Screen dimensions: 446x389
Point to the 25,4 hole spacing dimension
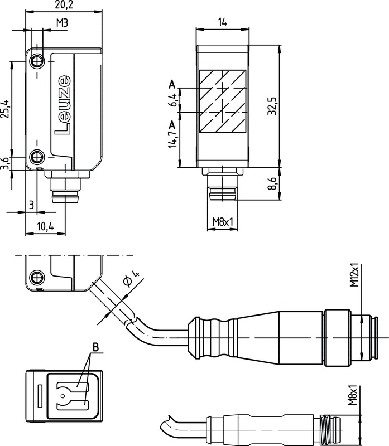(x=5, y=109)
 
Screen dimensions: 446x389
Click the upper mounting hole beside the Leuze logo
(x=37, y=60)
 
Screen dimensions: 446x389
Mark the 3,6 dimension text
(x=5, y=163)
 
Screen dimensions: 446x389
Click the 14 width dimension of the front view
(x=222, y=22)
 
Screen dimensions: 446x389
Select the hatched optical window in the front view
(x=222, y=101)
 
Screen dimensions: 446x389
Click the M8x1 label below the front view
(x=222, y=222)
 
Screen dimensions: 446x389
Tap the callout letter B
(x=95, y=348)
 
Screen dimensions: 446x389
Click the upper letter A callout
(x=172, y=84)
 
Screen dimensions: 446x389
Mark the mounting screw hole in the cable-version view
(x=37, y=277)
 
